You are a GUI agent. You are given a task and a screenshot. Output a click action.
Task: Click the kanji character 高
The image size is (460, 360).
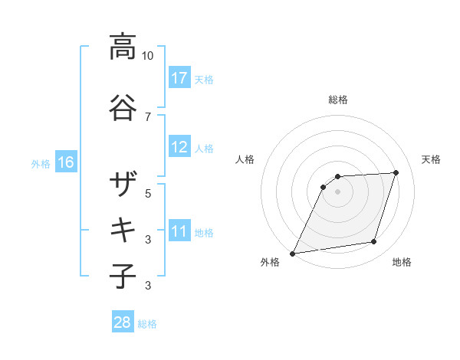pyautogui.click(x=123, y=47)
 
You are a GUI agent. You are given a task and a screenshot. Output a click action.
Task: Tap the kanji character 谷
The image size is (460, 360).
pyautogui.click(x=123, y=106)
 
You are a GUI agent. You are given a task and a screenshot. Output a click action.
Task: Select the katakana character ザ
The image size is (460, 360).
pyautogui.click(x=123, y=184)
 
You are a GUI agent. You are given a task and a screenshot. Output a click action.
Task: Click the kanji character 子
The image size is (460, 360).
pyautogui.click(x=123, y=276)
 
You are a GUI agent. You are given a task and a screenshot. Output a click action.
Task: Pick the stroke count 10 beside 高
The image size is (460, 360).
pyautogui.click(x=148, y=56)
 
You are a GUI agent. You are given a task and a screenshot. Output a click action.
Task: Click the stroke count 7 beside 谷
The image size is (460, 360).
pyautogui.click(x=148, y=116)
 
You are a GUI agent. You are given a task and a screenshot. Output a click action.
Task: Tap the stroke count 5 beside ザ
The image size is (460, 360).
pyautogui.click(x=148, y=193)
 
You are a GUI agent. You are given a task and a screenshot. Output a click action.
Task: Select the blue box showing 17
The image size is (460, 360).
pyautogui.click(x=179, y=77)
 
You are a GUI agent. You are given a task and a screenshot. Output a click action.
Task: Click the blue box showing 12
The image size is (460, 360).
pyautogui.click(x=179, y=147)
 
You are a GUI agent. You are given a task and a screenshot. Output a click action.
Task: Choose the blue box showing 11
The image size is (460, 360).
pyautogui.click(x=179, y=231)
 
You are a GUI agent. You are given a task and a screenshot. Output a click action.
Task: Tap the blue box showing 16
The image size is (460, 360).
pyautogui.click(x=66, y=162)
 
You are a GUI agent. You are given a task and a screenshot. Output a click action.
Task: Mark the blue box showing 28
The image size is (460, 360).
pyautogui.click(x=122, y=322)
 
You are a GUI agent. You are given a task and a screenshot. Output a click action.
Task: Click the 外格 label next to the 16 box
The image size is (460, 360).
pyautogui.click(x=40, y=163)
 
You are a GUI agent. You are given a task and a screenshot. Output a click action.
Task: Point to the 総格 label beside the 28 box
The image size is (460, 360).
pyautogui.click(x=147, y=324)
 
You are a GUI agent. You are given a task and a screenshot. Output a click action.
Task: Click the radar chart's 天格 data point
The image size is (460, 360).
pyautogui.click(x=396, y=172)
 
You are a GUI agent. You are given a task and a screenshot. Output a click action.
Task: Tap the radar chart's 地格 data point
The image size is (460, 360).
pyautogui.click(x=374, y=242)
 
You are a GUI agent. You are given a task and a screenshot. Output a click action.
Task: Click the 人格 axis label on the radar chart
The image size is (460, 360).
pyautogui.click(x=245, y=159)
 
